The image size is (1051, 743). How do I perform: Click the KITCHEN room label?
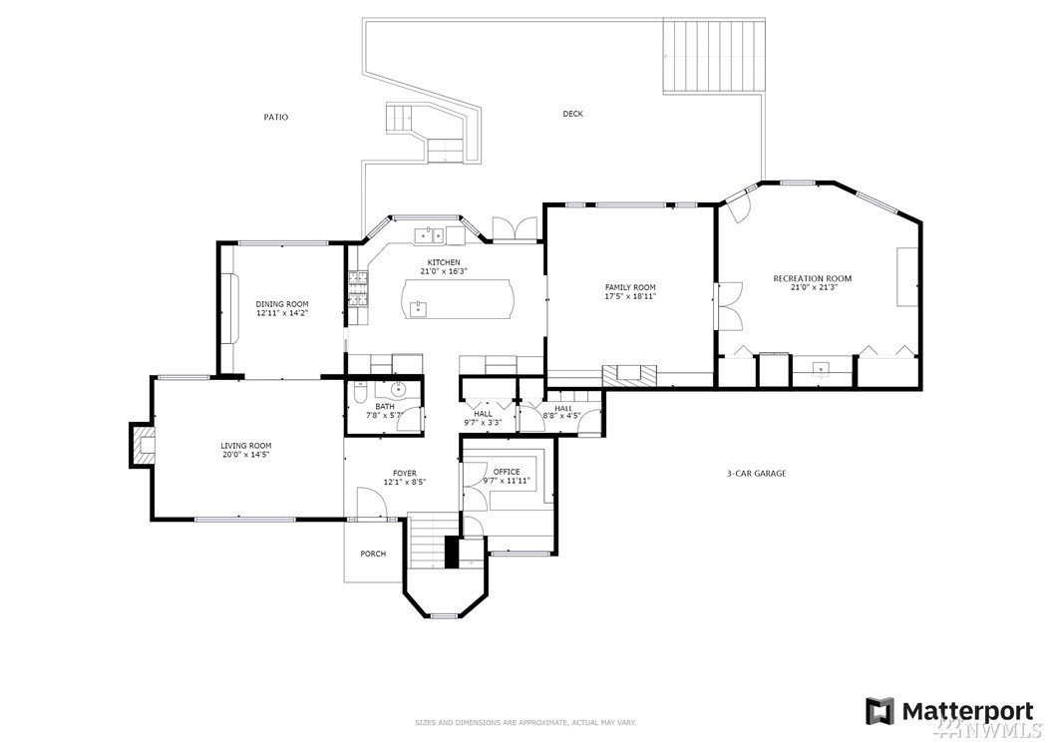click(x=444, y=262)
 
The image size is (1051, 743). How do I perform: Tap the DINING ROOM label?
click(x=282, y=304)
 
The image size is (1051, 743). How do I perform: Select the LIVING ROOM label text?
click(x=246, y=445)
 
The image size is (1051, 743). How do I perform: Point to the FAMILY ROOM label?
click(x=630, y=287)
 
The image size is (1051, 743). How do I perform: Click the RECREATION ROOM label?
click(x=813, y=278)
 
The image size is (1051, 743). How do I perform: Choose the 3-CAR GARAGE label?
click(x=756, y=474)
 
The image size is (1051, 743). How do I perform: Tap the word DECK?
click(x=572, y=114)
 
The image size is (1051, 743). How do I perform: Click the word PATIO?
click(x=275, y=118)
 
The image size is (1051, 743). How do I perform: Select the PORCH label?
click(x=373, y=554)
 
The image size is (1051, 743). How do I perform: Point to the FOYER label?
click(x=405, y=474)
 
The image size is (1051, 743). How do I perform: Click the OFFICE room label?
click(x=507, y=472)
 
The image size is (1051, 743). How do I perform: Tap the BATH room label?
click(x=385, y=406)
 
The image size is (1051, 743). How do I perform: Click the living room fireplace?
click(x=143, y=445)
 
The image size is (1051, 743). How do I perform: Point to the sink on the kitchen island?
click(x=418, y=308)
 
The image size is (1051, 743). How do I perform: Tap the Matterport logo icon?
click(x=879, y=711)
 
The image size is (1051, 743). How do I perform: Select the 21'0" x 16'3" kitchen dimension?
click(x=444, y=271)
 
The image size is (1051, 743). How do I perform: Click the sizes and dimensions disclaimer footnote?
click(x=525, y=723)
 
